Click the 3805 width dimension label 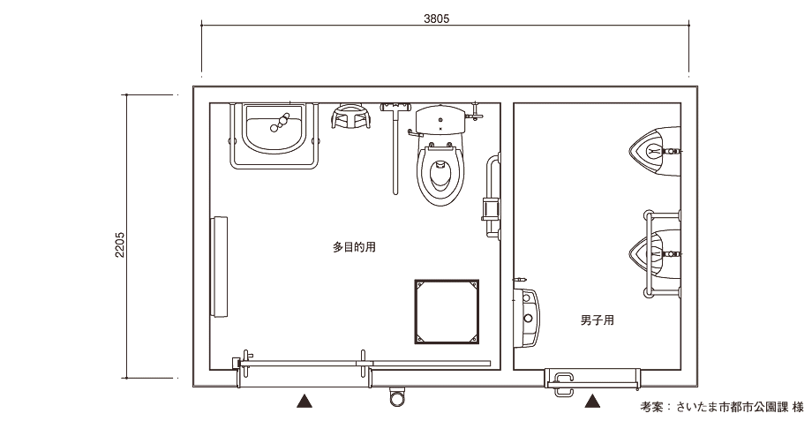click(x=437, y=19)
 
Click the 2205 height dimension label click(x=120, y=244)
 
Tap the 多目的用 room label click(x=354, y=247)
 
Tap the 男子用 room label click(x=598, y=320)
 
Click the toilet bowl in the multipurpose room click(x=440, y=174)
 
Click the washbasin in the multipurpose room click(x=274, y=129)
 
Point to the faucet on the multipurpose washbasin click(x=280, y=122)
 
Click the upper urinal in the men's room click(x=654, y=151)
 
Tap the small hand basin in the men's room click(x=527, y=317)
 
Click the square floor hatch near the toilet click(x=447, y=312)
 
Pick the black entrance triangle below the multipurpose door click(x=304, y=401)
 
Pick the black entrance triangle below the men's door click(x=592, y=401)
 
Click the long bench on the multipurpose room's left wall click(x=219, y=267)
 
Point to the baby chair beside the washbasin click(x=351, y=117)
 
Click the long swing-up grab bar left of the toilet click(x=395, y=148)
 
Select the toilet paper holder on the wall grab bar click(x=490, y=209)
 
